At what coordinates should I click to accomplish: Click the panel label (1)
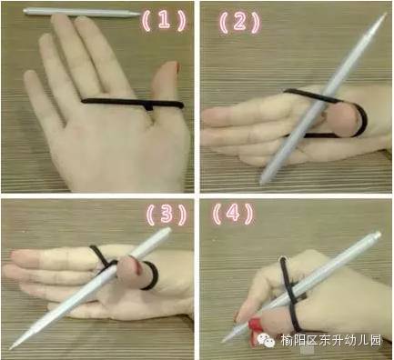point(164,21)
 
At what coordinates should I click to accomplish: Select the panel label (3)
point(167,214)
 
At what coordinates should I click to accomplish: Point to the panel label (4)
point(233,213)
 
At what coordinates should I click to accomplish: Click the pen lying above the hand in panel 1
point(82,13)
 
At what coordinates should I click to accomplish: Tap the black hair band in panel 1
point(133,103)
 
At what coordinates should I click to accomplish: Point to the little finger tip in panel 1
point(30,75)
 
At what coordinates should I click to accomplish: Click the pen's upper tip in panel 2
point(385,14)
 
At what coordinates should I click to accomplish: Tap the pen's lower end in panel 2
point(262,182)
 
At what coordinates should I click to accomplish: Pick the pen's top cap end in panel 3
point(167,231)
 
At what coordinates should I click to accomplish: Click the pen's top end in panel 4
point(377,235)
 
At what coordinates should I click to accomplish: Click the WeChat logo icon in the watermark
point(266,340)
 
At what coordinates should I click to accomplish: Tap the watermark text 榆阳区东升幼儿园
point(330,340)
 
